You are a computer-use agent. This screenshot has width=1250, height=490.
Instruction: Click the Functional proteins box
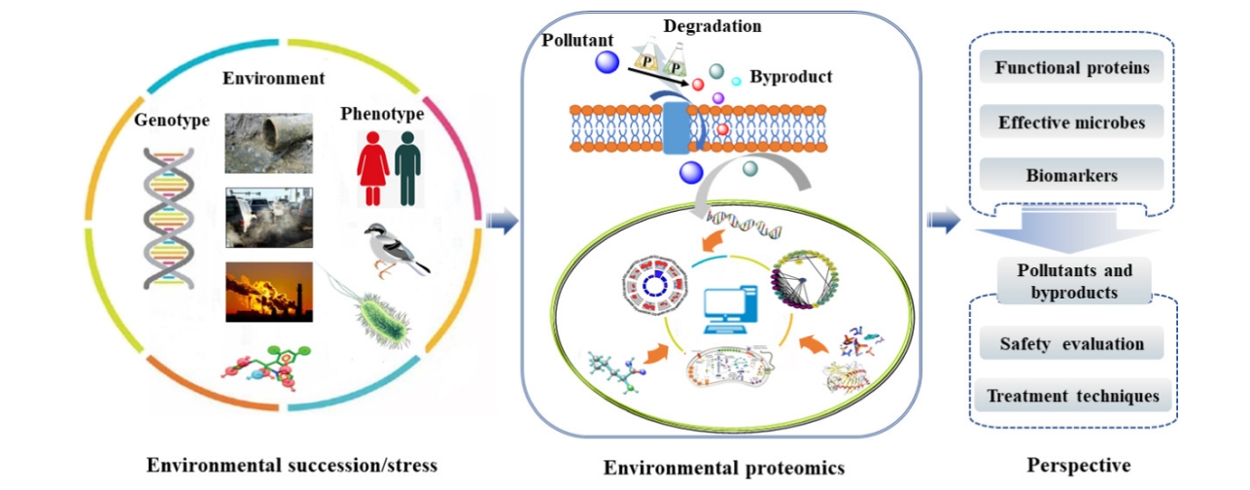(1071, 68)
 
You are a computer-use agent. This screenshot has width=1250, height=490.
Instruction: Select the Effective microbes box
(1071, 122)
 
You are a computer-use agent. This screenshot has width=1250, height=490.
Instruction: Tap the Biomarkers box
(1071, 176)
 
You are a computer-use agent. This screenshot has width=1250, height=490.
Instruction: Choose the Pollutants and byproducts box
(1074, 281)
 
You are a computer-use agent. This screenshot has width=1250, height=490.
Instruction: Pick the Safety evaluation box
(1071, 344)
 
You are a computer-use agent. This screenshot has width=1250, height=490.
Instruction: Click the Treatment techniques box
(1072, 396)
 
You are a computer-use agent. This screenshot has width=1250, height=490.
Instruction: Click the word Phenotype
(382, 114)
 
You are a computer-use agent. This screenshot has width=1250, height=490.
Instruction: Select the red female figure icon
(372, 168)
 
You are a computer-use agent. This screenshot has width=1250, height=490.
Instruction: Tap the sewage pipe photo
(268, 143)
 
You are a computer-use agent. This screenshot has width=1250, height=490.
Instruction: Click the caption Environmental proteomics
(724, 468)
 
